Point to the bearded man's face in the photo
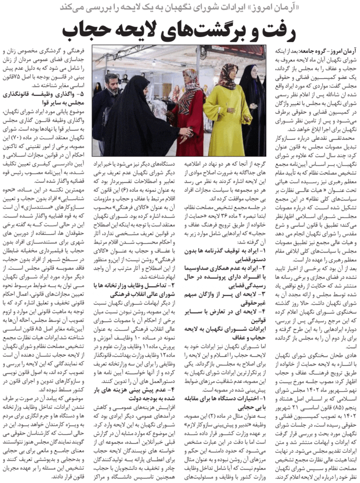[x=112, y=83]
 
